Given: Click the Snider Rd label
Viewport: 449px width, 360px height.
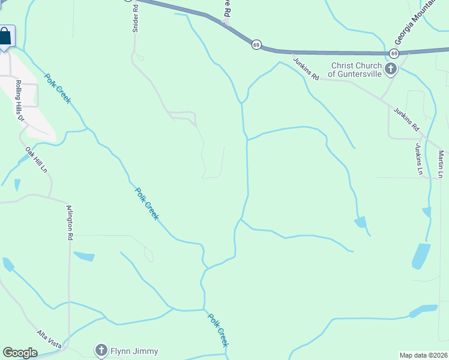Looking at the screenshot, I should coord(136,17).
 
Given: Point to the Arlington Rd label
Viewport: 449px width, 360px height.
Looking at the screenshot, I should coord(70,223).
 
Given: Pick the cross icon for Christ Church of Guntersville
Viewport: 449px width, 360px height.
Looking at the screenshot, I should coord(391,69).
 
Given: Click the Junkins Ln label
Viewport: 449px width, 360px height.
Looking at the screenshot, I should coord(419,159).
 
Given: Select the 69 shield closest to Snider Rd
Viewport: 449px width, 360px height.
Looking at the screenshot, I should coord(256,45).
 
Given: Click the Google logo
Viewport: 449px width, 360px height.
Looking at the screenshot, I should coord(20,353).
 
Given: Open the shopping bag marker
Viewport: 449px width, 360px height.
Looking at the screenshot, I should coord(5,36).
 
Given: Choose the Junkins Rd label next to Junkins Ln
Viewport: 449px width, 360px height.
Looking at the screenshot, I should coord(406,119).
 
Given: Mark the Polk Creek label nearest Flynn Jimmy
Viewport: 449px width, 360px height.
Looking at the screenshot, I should coord(218,329).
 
